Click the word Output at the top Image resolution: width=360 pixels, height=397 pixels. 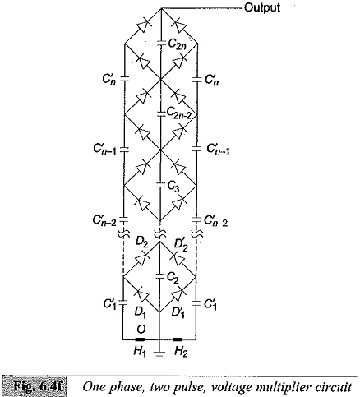[x=261, y=7]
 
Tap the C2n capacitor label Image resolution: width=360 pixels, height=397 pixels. [x=177, y=44]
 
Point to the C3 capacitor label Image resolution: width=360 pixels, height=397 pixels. [x=173, y=187]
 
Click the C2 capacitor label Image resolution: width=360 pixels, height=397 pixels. [x=173, y=278]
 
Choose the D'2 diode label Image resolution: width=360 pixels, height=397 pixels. [x=182, y=243]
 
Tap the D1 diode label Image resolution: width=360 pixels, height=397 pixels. [x=140, y=312]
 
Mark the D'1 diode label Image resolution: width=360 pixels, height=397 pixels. [x=178, y=312]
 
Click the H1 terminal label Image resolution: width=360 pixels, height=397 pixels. [x=140, y=352]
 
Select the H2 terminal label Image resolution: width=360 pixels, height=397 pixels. [x=181, y=352]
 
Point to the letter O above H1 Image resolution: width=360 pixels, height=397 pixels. [x=141, y=330]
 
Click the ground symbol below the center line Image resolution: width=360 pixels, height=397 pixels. [x=159, y=353]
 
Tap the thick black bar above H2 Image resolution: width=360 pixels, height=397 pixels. [x=178, y=339]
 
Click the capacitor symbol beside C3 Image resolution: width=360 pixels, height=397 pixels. [x=159, y=185]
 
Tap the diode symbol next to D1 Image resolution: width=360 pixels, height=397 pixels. [x=142, y=295]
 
